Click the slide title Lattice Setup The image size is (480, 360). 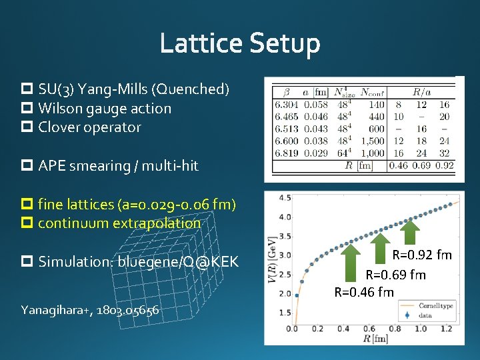tap(240, 44)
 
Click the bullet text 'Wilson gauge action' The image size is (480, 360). tap(105, 108)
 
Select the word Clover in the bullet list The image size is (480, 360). tap(58, 127)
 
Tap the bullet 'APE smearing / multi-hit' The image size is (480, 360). tap(118, 165)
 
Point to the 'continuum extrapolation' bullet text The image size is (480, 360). tap(119, 223)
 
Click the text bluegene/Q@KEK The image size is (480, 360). tap(178, 261)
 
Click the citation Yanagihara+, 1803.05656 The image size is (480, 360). tap(89, 309)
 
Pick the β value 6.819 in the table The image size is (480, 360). tap(285, 153)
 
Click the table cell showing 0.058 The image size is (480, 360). tap(316, 105)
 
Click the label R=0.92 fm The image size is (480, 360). tap(421, 255)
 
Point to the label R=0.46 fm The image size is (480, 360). tap(364, 292)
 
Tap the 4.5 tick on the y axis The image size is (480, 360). tap(284, 198)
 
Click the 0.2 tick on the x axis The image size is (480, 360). tap(318, 329)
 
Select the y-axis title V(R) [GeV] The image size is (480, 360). tap(273, 263)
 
